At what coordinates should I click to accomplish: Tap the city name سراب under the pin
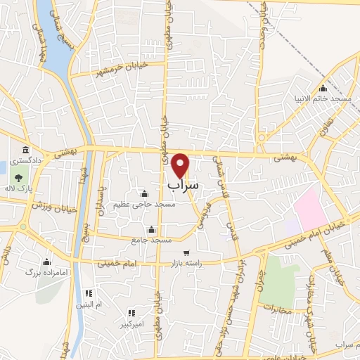click(x=184, y=184)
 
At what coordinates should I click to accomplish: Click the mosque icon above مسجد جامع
click(x=150, y=230)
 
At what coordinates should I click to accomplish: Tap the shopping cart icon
click(x=186, y=252)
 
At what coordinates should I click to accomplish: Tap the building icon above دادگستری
click(x=25, y=150)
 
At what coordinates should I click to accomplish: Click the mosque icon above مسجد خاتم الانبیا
click(x=323, y=89)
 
